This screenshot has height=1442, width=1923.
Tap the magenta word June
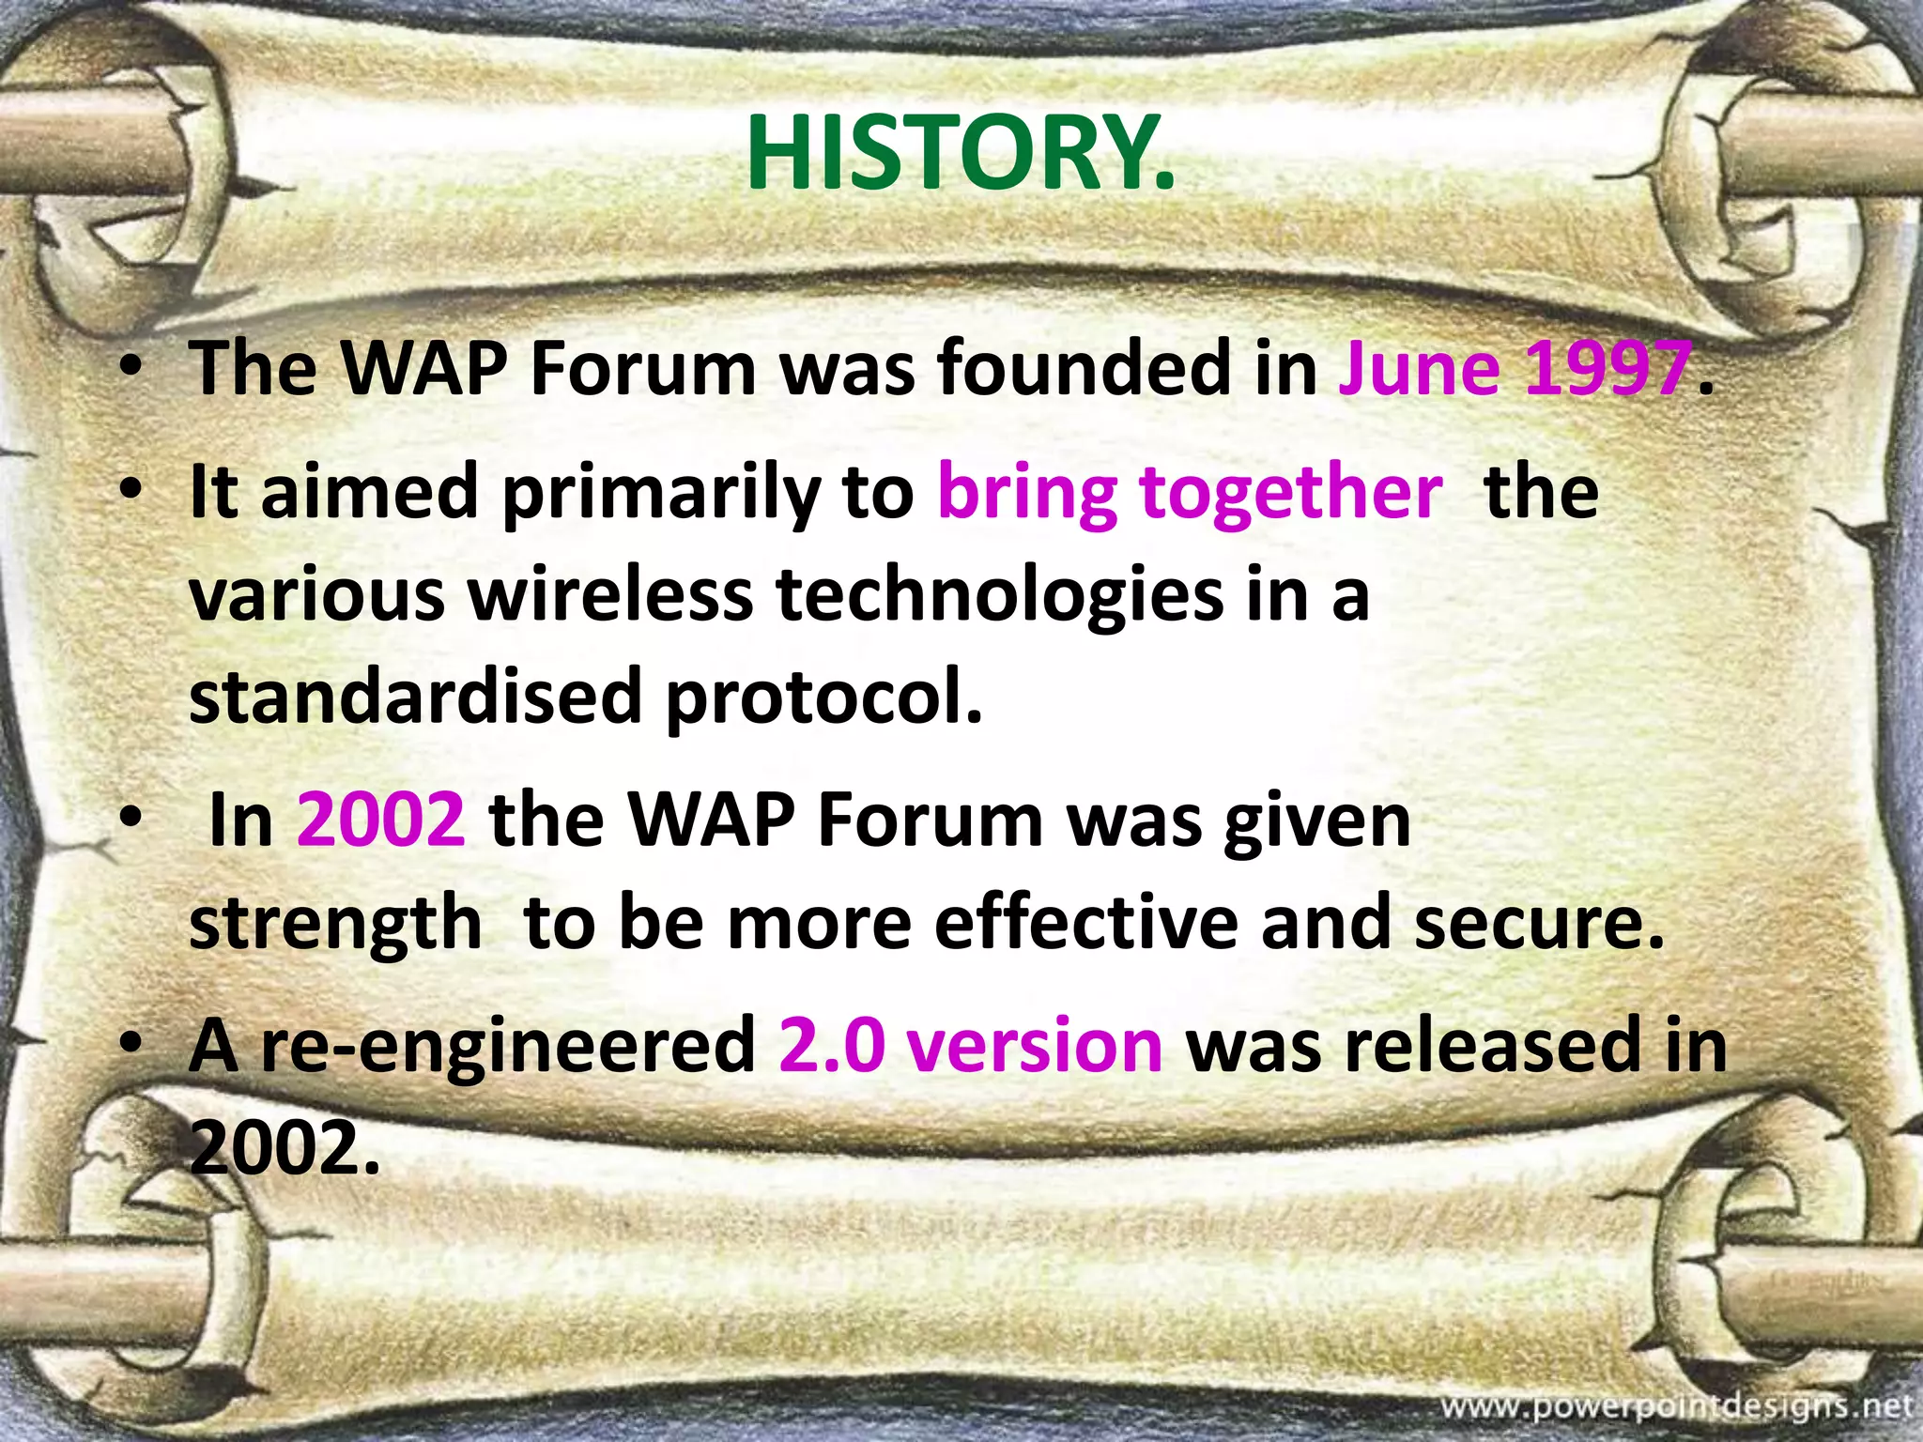tap(1418, 369)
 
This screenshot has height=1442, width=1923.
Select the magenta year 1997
tap(1608, 369)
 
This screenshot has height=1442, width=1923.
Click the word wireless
tap(611, 595)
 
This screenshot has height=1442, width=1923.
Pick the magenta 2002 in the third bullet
tap(380, 821)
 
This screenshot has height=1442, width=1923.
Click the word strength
tap(335, 924)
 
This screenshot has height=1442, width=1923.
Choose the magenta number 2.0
tap(832, 1046)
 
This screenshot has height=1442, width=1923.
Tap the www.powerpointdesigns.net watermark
tap(1676, 1406)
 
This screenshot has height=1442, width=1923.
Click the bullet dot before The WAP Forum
tap(131, 370)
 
